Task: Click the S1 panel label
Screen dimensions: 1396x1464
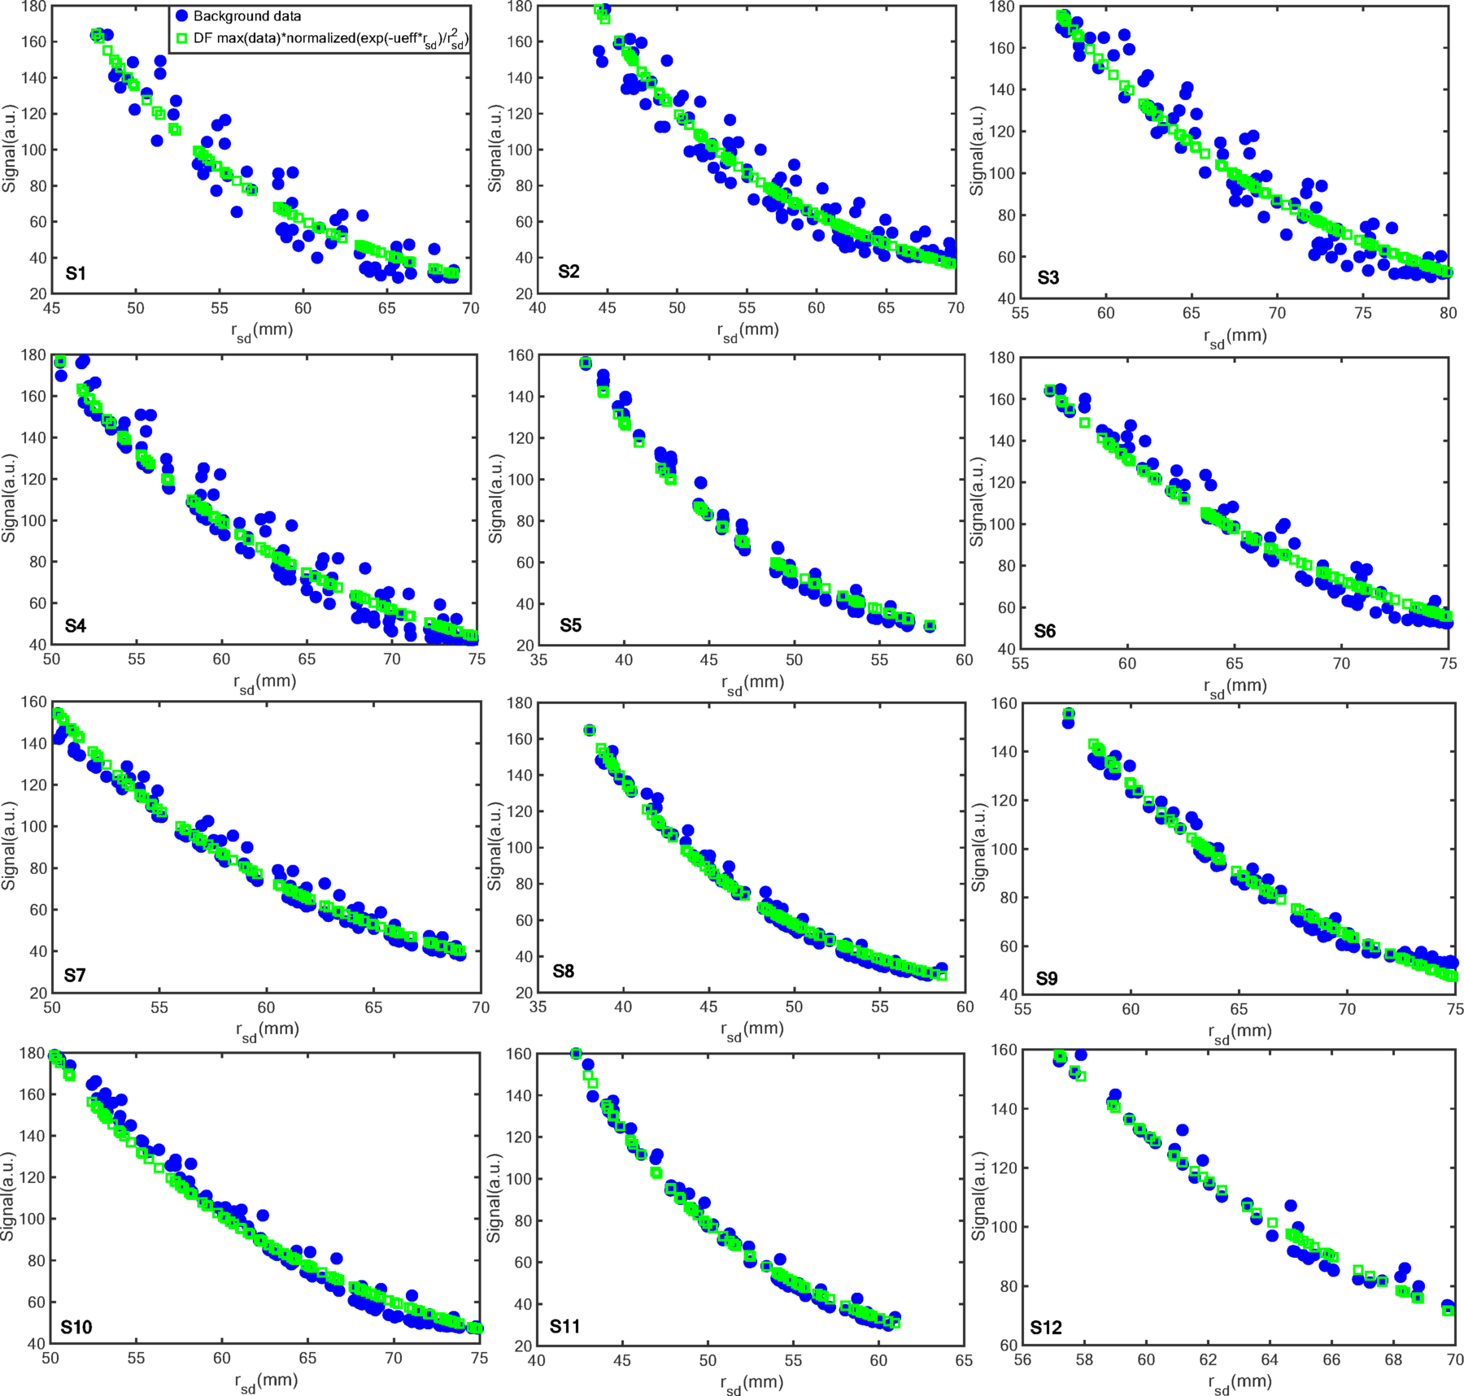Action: [x=76, y=273]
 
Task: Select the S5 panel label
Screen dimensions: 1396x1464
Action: [x=570, y=625]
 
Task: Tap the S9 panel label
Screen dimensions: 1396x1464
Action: [x=1047, y=978]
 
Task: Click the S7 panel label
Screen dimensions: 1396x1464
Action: [x=75, y=975]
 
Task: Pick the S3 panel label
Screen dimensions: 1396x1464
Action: [x=1048, y=278]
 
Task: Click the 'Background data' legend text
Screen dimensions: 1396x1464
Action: [x=247, y=16]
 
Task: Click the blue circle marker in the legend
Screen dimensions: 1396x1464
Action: [x=182, y=16]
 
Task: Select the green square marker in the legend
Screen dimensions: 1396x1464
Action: [x=182, y=38]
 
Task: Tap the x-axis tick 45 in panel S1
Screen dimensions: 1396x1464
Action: [x=51, y=309]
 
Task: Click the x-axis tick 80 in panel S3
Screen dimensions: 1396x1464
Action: [x=1448, y=314]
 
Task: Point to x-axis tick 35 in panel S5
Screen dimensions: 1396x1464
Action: [x=538, y=660]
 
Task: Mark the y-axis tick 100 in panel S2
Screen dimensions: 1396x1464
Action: [x=521, y=150]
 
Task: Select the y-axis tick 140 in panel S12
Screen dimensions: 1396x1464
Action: [x=1004, y=1109]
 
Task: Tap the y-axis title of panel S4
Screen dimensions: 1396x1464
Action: [x=10, y=498]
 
